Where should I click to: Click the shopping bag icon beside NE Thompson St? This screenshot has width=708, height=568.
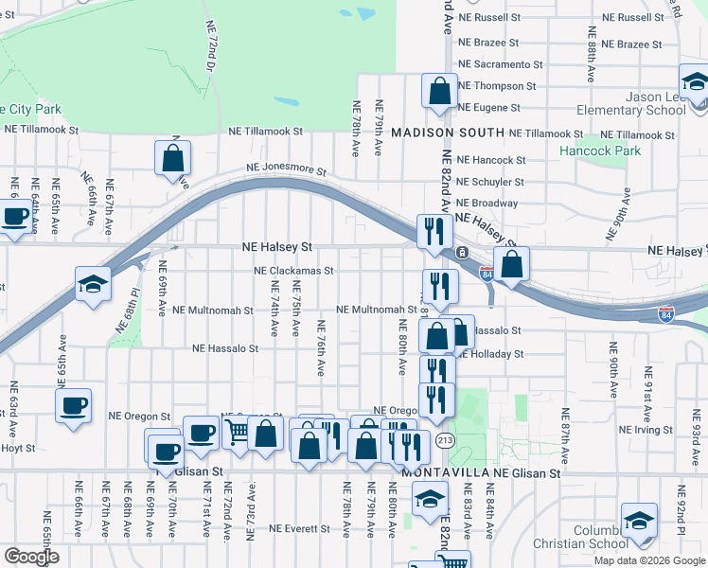point(440,92)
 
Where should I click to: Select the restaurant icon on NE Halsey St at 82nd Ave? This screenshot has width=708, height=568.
point(434,230)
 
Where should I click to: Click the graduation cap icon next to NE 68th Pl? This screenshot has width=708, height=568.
point(93,284)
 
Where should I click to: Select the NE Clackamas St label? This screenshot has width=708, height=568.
point(293,270)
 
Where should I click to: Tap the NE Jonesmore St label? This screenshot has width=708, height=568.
point(286,172)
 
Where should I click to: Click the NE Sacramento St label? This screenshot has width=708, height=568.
point(500,64)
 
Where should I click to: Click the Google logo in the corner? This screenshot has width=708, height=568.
point(31,557)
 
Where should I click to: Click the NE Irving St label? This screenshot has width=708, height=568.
point(646,430)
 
